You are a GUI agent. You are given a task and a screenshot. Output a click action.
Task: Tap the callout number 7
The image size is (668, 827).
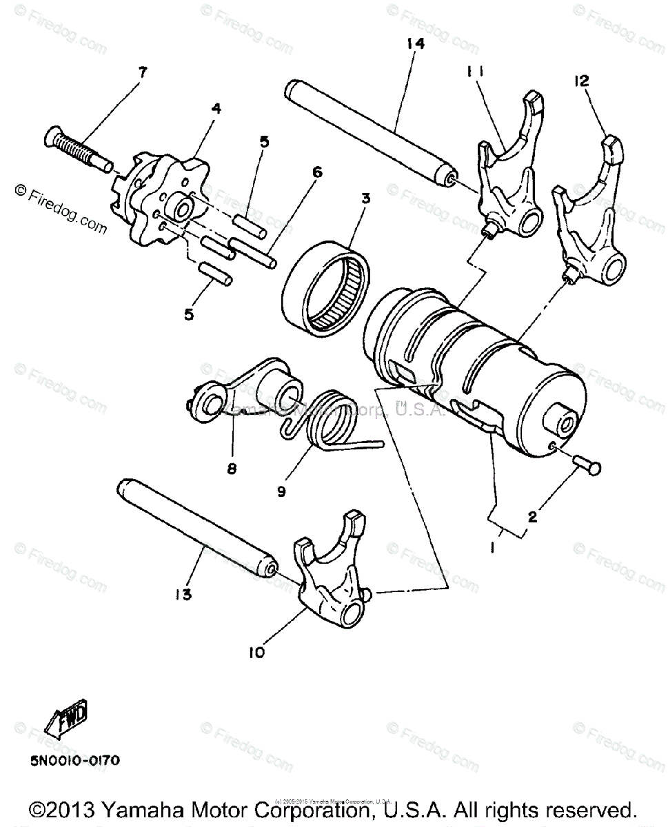pos(142,72)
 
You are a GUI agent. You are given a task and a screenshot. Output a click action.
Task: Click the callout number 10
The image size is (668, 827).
pos(256,651)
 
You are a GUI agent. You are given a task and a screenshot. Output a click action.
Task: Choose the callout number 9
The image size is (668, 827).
pos(282,492)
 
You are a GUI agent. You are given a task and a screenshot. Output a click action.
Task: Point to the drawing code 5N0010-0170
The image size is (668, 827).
pos(75,761)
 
